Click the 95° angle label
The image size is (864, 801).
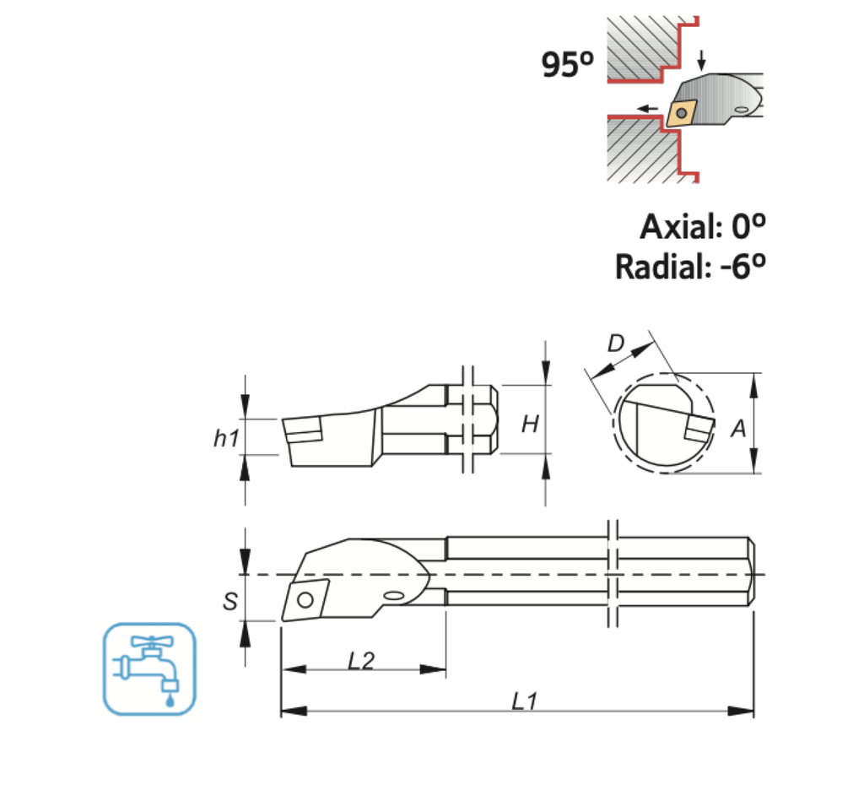(569, 64)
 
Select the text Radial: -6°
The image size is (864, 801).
(690, 267)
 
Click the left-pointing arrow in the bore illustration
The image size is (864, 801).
(648, 107)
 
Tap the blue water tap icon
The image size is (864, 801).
(148, 668)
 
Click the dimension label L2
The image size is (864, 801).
(360, 660)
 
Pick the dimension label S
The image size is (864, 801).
(229, 601)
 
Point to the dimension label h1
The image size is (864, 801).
(225, 436)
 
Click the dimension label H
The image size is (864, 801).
(529, 425)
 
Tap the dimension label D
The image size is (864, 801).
(617, 344)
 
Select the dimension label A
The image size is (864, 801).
(738, 429)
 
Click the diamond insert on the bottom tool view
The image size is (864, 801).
(305, 598)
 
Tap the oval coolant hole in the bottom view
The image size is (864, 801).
(393, 597)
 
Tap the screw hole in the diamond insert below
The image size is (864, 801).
(304, 599)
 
